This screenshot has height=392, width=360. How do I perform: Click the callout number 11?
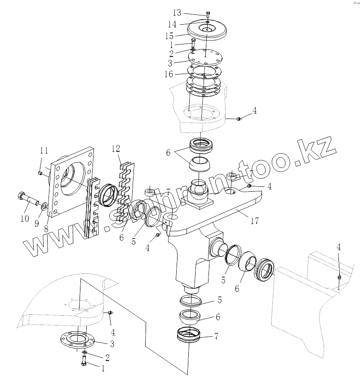click(x=43, y=150)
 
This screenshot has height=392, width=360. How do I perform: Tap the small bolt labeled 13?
click(x=208, y=13)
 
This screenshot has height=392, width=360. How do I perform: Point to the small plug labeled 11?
click(x=40, y=172)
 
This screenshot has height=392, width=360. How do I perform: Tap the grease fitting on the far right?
click(x=340, y=279)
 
